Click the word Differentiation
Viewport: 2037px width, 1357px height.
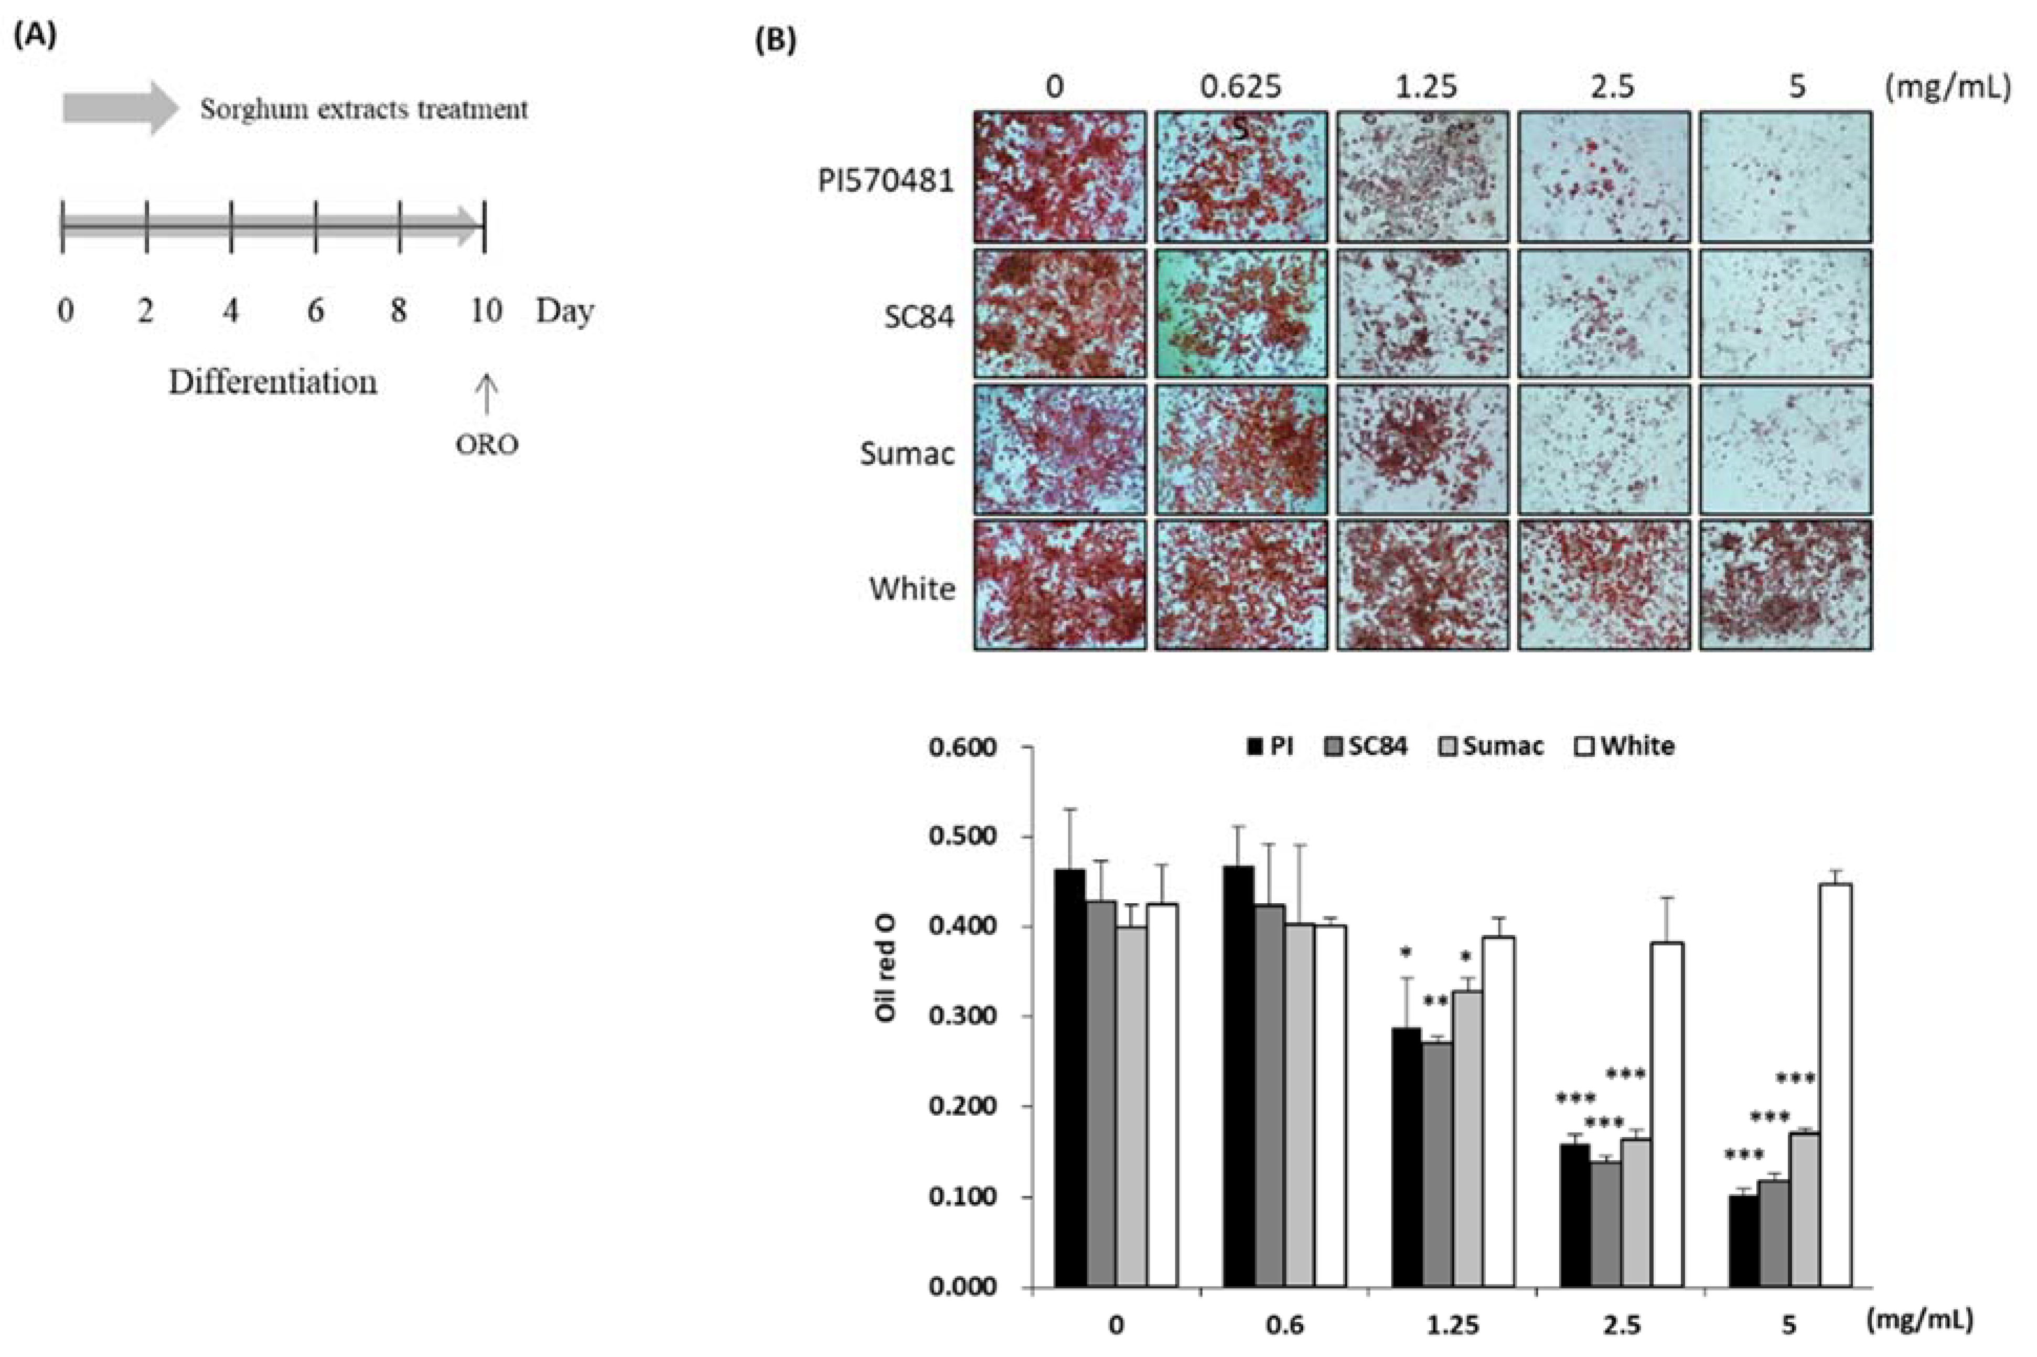point(273,382)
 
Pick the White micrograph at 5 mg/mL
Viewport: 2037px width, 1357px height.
point(1785,584)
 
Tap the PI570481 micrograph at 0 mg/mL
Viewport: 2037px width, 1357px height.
point(1059,177)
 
